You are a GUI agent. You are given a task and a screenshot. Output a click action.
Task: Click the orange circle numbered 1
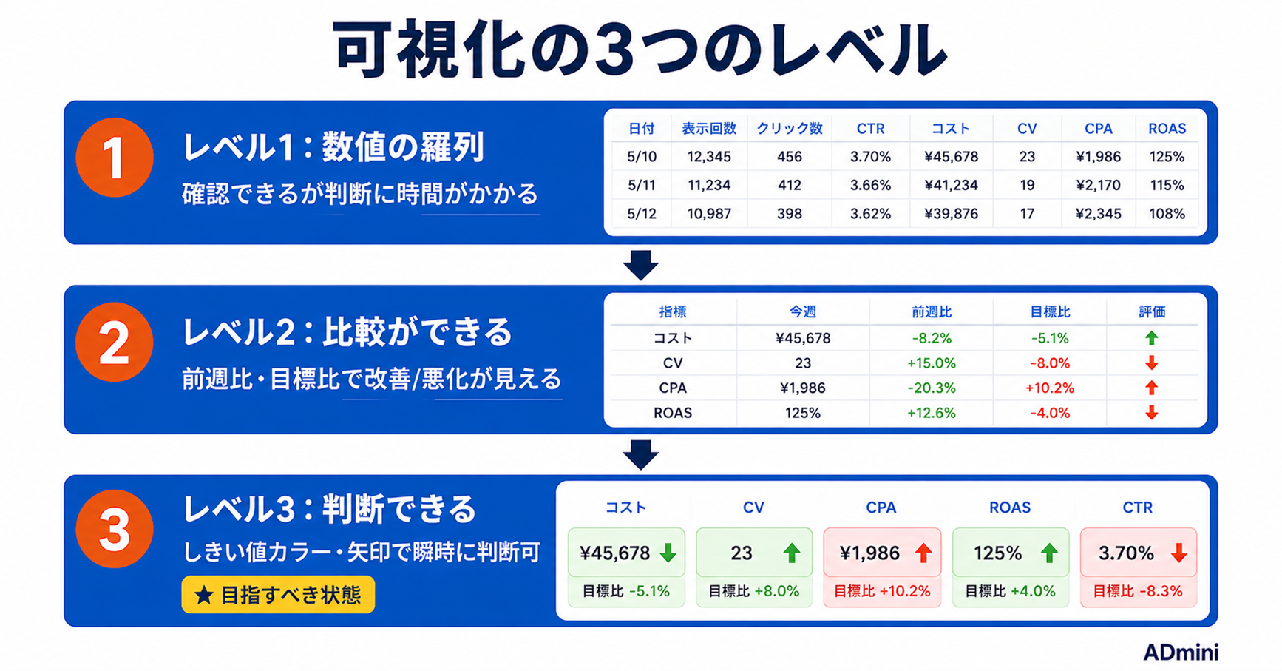[x=114, y=158]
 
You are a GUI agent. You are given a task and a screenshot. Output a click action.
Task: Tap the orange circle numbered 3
[x=114, y=529]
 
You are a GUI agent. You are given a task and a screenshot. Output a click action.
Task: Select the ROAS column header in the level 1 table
[x=1167, y=129]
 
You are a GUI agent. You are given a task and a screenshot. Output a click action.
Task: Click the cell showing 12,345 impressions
[x=709, y=157]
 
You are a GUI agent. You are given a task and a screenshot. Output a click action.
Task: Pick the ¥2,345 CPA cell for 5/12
[x=1098, y=214]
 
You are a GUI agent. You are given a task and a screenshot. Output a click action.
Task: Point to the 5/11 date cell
[x=642, y=185]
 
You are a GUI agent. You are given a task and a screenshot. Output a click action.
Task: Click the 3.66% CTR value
[x=870, y=185]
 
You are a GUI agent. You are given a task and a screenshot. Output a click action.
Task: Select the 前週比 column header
[x=931, y=312]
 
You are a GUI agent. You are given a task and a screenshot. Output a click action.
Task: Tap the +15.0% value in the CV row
[x=931, y=363]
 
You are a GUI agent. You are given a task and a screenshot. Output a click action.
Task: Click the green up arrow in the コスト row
[x=1151, y=338]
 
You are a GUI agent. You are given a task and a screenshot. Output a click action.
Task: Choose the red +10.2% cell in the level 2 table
[x=1049, y=388]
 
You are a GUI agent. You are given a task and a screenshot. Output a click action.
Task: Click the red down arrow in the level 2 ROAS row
[x=1151, y=413]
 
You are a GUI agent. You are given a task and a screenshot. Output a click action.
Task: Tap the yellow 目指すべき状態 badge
[x=278, y=595]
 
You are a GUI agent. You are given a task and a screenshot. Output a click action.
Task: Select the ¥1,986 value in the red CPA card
[x=869, y=553]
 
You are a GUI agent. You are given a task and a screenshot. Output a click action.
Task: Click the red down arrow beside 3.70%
[x=1178, y=553]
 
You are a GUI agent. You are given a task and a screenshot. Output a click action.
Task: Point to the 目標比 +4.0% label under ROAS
[x=1010, y=591]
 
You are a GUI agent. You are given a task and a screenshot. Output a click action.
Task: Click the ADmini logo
[x=1181, y=652]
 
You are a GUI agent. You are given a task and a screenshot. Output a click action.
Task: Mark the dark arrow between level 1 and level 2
[x=640, y=265]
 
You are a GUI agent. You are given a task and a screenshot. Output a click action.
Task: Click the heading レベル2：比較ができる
[x=347, y=332]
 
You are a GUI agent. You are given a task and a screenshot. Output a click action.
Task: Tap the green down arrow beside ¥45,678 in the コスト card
[x=668, y=553]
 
